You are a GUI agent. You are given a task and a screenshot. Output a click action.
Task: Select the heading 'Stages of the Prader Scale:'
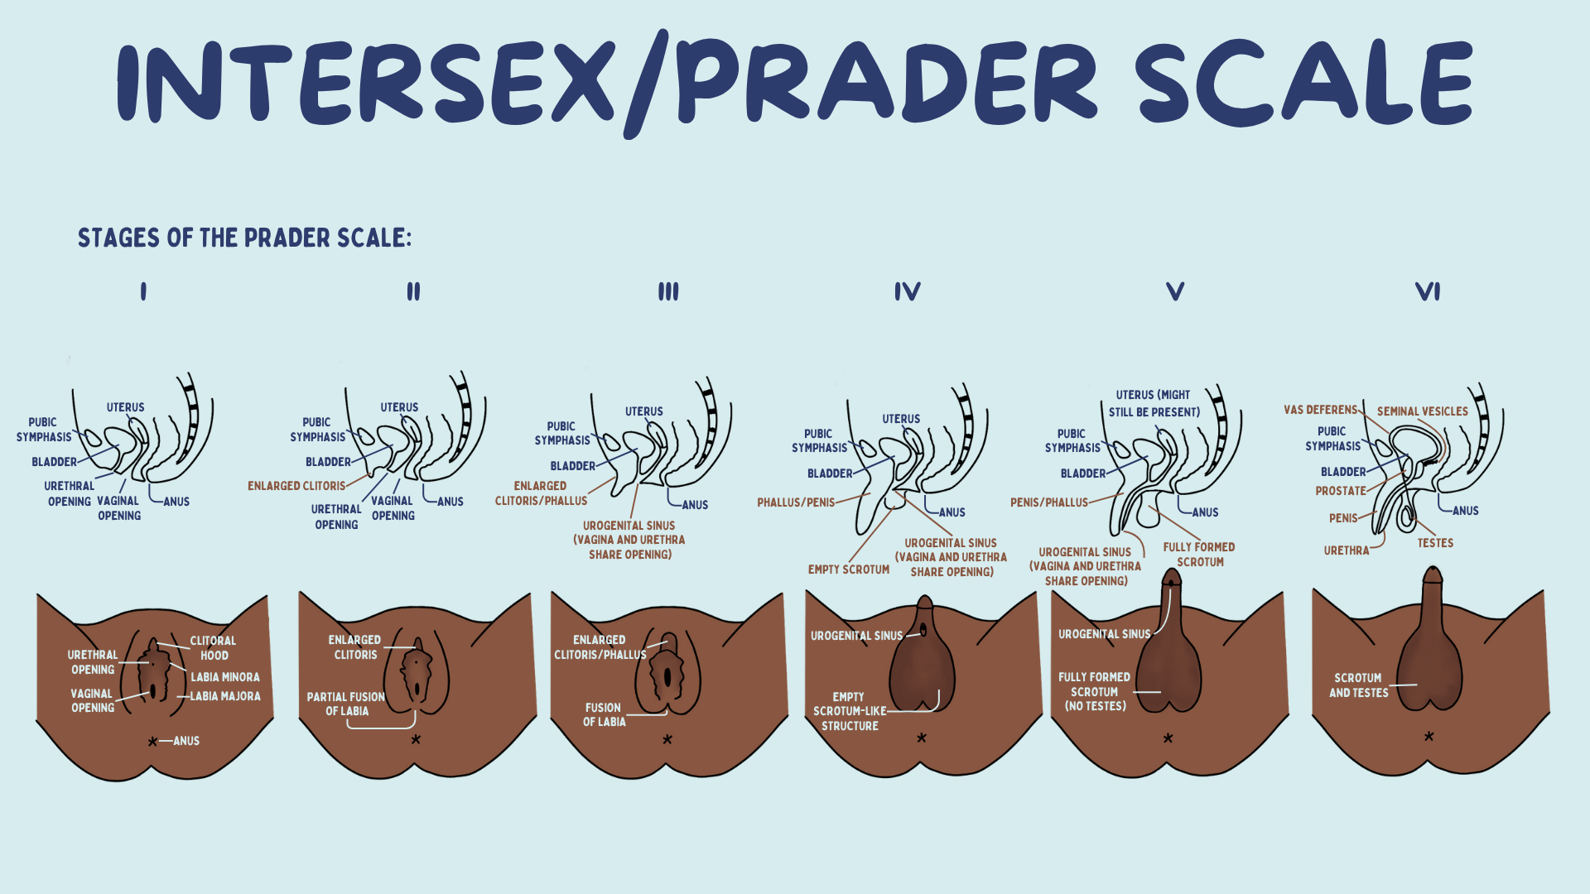point(244,238)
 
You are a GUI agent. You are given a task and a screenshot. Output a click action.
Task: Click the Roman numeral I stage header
point(143,291)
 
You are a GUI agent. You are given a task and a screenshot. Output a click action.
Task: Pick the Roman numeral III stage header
point(668,291)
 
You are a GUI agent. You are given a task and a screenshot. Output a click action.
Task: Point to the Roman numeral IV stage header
point(907,291)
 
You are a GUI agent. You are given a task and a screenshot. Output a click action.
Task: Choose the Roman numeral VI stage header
point(1428,291)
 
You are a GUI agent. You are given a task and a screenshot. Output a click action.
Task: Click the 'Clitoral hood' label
point(213,647)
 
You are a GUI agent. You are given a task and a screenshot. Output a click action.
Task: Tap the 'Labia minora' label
point(225,677)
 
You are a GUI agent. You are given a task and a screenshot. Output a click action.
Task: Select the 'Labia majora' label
point(225,696)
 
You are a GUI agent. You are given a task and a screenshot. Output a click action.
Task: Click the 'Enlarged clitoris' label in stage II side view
point(296,486)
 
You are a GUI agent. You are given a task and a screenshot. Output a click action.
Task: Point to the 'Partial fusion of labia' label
point(346,704)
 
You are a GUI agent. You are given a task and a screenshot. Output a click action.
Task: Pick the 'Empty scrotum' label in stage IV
point(849,570)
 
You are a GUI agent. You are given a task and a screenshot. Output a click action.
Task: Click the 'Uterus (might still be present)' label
point(1154,403)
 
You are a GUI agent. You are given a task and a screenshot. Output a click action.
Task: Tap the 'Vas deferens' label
point(1321,410)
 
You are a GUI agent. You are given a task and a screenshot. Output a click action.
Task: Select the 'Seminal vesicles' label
point(1422,411)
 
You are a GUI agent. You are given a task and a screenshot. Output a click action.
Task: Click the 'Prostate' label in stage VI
point(1341,491)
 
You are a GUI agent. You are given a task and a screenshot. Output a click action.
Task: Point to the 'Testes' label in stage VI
point(1435,543)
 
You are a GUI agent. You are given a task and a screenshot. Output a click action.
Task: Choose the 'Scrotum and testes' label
point(1358,685)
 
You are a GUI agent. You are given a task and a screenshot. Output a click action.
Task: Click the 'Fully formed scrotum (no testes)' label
point(1095,691)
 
